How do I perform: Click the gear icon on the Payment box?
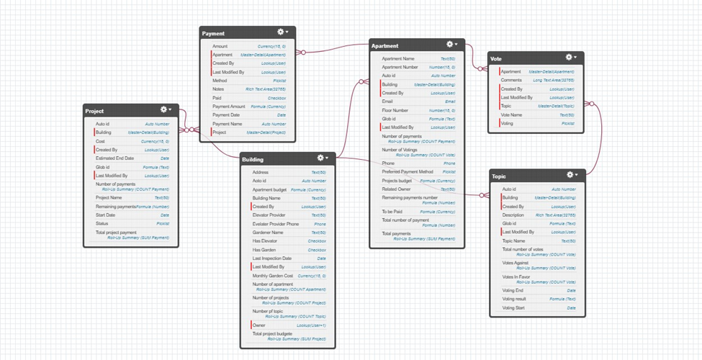click(x=281, y=32)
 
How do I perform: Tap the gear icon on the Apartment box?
click(x=450, y=45)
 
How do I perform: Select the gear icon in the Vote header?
click(x=569, y=57)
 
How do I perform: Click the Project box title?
click(x=94, y=111)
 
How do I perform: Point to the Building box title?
click(x=252, y=159)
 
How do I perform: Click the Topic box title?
click(x=499, y=176)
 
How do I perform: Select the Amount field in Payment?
click(x=220, y=46)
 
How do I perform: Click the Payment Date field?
click(x=226, y=115)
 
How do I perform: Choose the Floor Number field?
click(x=395, y=110)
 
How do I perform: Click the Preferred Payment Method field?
click(x=408, y=172)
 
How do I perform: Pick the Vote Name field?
click(x=512, y=114)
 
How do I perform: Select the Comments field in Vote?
click(x=512, y=81)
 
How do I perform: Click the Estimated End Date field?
click(x=116, y=158)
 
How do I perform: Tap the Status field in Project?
click(x=102, y=223)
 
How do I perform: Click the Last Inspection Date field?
click(x=271, y=258)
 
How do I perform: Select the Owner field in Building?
click(x=259, y=325)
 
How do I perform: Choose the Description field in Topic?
click(x=513, y=215)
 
